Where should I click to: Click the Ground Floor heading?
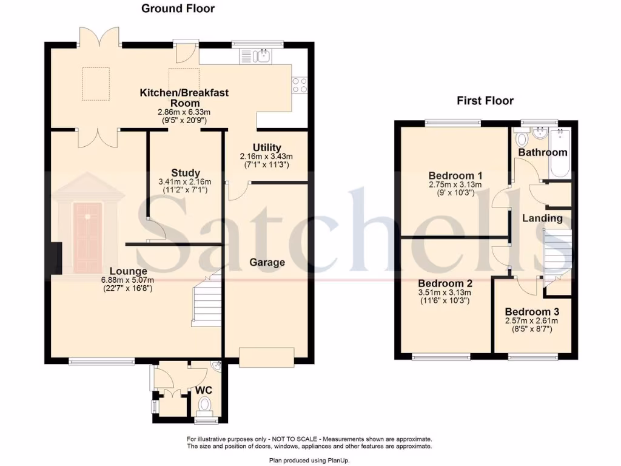point(178,8)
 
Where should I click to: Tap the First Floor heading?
point(485,101)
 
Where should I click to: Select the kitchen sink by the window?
point(255,56)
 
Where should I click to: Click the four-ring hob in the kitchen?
point(300,84)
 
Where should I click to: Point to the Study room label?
point(186,173)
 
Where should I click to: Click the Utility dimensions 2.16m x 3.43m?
point(267,157)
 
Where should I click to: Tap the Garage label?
point(267,262)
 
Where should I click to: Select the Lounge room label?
point(129,271)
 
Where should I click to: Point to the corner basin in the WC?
point(217,367)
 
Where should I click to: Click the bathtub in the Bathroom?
point(560,154)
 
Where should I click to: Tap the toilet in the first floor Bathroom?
point(522,138)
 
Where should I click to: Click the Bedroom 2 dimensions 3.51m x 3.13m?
point(445,293)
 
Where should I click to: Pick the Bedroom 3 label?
point(532,312)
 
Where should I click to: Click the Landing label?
point(542,218)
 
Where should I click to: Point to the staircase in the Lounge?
point(207,297)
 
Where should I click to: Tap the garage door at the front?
point(267,357)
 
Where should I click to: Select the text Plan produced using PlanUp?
point(309,461)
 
